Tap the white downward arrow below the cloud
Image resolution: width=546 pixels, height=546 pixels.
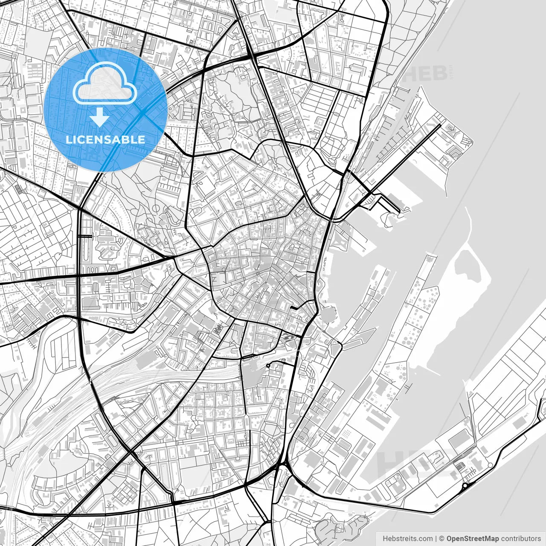(100, 117)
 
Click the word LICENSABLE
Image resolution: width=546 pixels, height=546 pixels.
(105, 139)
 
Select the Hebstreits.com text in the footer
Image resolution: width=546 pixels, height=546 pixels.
(407, 539)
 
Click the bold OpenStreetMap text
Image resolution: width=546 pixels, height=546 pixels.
(473, 539)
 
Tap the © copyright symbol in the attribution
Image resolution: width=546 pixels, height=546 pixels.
(442, 539)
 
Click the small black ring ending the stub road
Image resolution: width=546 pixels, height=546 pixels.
(268, 366)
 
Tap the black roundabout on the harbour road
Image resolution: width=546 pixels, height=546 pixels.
(464, 486)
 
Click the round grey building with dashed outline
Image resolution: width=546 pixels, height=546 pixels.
(328, 316)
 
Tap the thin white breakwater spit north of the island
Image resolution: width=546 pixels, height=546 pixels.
(469, 222)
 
